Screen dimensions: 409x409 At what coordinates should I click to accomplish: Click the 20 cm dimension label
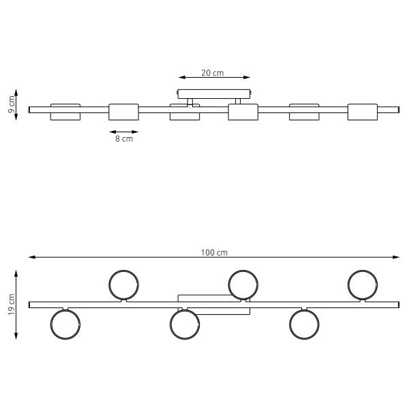212,73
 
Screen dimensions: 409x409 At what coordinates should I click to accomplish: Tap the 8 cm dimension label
124,139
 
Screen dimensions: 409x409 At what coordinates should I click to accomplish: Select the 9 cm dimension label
12,104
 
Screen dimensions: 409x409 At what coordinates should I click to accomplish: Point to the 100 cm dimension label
214,252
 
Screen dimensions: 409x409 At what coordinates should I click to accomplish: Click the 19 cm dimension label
12,305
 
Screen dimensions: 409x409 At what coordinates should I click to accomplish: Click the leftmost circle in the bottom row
50,324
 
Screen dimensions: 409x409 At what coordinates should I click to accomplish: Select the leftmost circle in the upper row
109,285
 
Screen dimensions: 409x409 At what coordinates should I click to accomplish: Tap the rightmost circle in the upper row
348,285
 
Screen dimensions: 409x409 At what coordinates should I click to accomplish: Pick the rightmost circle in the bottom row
290,324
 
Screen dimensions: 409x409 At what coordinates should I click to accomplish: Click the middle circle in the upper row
228,285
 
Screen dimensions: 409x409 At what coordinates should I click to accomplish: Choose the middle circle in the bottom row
170,324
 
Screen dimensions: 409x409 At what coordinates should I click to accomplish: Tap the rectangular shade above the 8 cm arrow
123,112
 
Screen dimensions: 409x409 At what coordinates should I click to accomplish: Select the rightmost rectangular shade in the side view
363,112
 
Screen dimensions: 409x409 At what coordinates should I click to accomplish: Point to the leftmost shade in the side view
65,112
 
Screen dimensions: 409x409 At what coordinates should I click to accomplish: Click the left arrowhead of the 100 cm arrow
31,257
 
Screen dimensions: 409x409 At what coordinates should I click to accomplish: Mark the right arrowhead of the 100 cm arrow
397,257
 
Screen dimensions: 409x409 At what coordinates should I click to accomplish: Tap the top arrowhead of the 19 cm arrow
16,273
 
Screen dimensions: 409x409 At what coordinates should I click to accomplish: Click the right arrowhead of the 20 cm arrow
247,77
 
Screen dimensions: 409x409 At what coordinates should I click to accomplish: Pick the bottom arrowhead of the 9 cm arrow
16,117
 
